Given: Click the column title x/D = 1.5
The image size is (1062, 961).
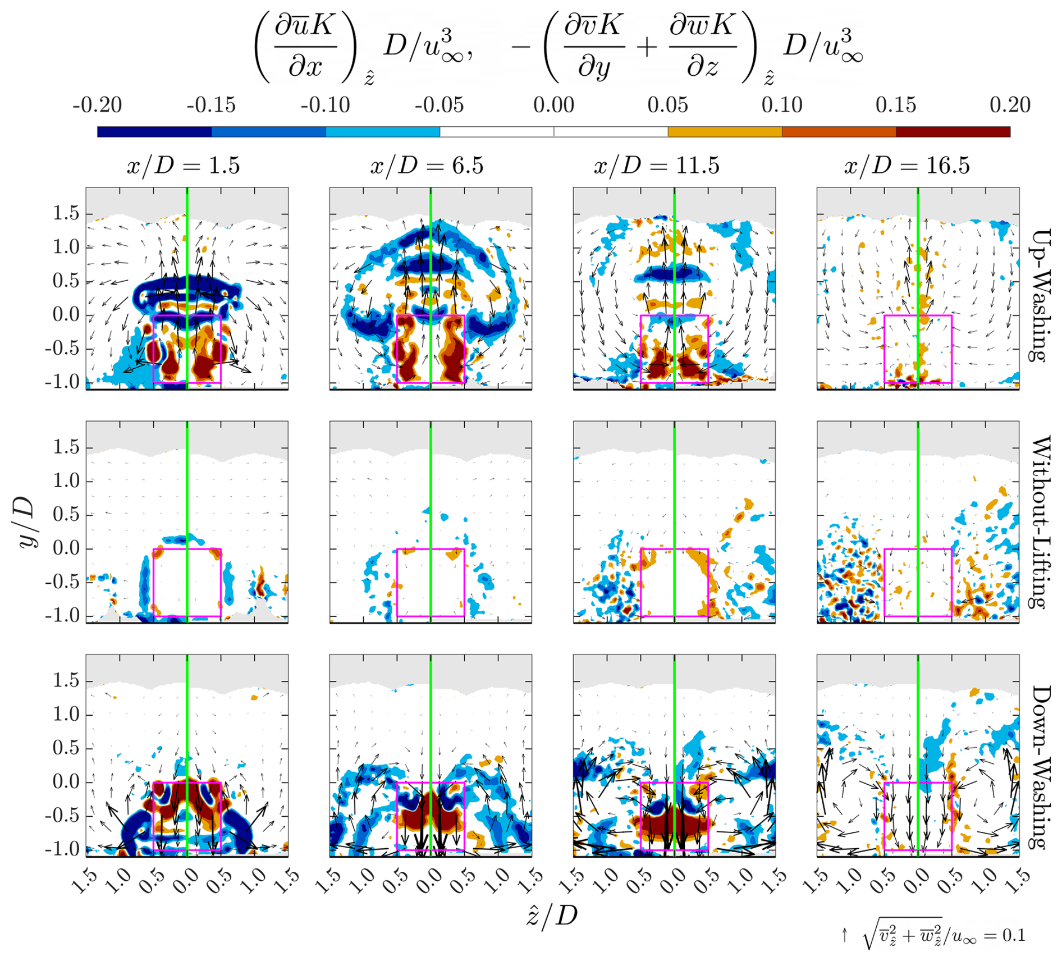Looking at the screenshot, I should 183,166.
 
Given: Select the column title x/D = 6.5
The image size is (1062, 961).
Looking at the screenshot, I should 427,166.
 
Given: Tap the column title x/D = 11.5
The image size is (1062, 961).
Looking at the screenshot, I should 656,166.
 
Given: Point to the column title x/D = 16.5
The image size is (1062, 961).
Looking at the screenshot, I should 907,166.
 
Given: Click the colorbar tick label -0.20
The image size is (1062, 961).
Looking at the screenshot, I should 97,105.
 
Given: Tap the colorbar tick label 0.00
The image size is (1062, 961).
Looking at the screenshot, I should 553,105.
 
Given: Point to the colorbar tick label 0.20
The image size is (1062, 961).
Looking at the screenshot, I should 1010,105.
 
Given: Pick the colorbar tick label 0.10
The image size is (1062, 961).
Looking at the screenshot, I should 782,105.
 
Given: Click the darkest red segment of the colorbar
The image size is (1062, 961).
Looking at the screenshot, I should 953,132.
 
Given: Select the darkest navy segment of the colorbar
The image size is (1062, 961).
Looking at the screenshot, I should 154,132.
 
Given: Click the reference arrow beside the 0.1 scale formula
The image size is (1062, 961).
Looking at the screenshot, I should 844,935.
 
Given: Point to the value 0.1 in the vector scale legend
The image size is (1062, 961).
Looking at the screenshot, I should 1013,935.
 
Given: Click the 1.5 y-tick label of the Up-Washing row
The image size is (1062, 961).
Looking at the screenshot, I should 66,213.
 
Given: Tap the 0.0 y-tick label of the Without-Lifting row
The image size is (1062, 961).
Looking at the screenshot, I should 66,548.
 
